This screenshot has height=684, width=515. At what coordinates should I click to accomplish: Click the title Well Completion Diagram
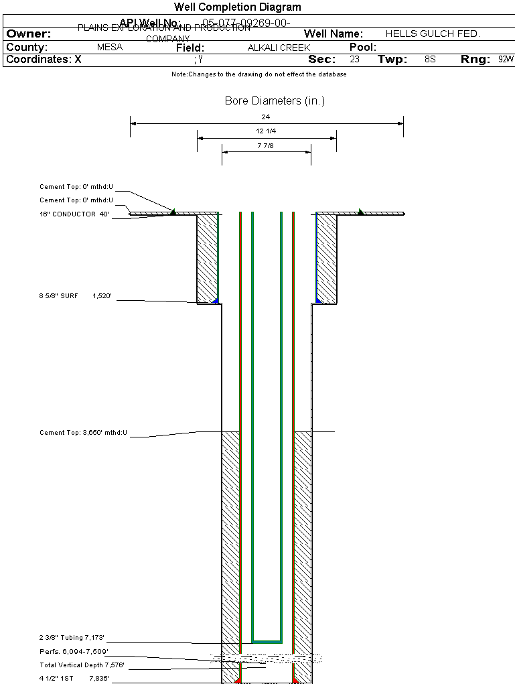[x=238, y=7]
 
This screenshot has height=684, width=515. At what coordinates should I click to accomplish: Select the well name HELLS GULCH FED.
[x=433, y=33]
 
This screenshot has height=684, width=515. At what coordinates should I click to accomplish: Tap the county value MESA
[x=110, y=48]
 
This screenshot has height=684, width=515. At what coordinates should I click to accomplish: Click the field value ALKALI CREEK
[x=279, y=48]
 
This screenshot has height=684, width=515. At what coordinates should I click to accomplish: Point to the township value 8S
[x=430, y=60]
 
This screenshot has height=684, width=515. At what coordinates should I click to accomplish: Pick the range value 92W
[x=506, y=60]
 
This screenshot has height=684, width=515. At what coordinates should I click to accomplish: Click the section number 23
[x=354, y=60]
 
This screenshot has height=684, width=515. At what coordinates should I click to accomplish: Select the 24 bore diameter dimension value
[x=266, y=117]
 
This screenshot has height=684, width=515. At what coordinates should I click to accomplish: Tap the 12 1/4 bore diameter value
[x=266, y=131]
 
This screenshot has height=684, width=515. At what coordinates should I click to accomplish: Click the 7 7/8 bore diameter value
[x=266, y=145]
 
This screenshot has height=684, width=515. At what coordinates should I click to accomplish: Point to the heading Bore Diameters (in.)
[x=275, y=101]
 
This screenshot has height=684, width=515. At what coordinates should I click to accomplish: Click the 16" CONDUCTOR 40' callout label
[x=74, y=214]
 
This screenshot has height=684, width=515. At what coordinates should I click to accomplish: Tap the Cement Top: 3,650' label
[x=84, y=433]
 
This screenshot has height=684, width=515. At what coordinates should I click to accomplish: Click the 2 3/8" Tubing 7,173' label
[x=72, y=637]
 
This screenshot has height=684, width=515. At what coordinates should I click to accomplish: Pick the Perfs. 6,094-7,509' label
[x=74, y=651]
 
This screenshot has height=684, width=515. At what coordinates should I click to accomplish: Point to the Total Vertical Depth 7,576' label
[x=82, y=665]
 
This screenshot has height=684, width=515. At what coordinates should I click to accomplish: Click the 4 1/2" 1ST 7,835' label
[x=74, y=678]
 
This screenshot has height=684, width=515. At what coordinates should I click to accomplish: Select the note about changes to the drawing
[x=259, y=74]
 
